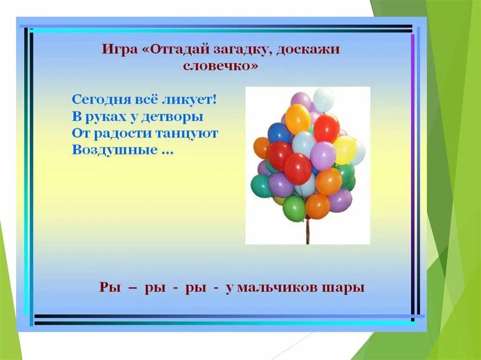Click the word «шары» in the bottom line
347,287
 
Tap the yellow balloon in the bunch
344,150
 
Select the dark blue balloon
279,133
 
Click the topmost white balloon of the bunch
324,99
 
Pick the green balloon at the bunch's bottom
295,208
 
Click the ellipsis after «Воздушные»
166,152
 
